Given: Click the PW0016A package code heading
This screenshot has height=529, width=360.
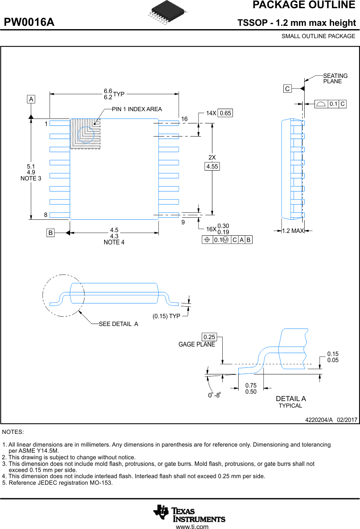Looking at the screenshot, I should tap(29, 22).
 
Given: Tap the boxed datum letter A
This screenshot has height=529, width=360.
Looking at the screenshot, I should tap(31, 99).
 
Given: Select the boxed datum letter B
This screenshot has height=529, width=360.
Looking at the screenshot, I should tap(50, 233).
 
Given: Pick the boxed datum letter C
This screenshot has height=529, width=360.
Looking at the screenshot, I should tap(287, 89).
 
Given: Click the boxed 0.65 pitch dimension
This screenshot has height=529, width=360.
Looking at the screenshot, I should tap(226, 113).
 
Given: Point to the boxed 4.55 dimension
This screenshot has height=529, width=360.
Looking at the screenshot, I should tap(212, 166).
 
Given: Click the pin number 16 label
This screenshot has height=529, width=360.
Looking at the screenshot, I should tap(185, 119).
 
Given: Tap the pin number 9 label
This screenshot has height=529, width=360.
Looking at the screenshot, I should tap(183, 222).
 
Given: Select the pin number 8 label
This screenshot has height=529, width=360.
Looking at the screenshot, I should tap(46, 214).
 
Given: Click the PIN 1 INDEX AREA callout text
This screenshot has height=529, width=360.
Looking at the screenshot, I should tap(137, 109).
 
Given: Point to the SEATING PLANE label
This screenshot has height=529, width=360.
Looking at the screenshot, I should tap(335, 78).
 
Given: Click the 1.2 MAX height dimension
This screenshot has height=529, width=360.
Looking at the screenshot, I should tap(293, 231).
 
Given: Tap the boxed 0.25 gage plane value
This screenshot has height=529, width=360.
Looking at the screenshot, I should tap(209, 337).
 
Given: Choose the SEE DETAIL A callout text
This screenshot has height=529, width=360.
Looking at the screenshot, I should tap(118, 324).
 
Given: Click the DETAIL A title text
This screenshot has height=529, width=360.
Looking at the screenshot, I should tap(291, 399).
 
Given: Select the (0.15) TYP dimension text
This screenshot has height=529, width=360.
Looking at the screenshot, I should tap(166, 316).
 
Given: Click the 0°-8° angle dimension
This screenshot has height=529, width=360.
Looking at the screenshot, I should tap(214, 395).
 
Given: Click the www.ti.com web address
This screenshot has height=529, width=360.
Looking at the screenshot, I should tap(192, 527).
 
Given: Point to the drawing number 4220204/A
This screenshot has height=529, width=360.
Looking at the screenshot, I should tap(319, 420).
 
